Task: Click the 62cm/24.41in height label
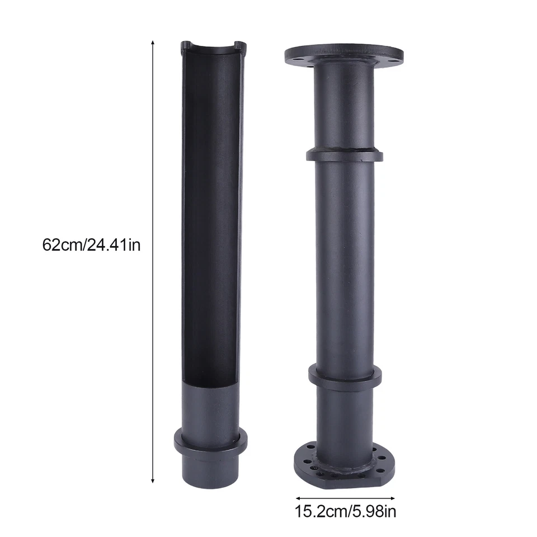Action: click(x=91, y=244)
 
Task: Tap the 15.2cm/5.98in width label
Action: click(x=346, y=511)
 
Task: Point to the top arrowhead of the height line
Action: click(x=153, y=42)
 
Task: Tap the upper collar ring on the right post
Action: click(x=345, y=153)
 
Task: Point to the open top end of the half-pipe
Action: click(x=212, y=46)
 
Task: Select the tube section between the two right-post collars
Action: click(x=345, y=263)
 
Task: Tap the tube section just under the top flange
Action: click(x=343, y=106)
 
